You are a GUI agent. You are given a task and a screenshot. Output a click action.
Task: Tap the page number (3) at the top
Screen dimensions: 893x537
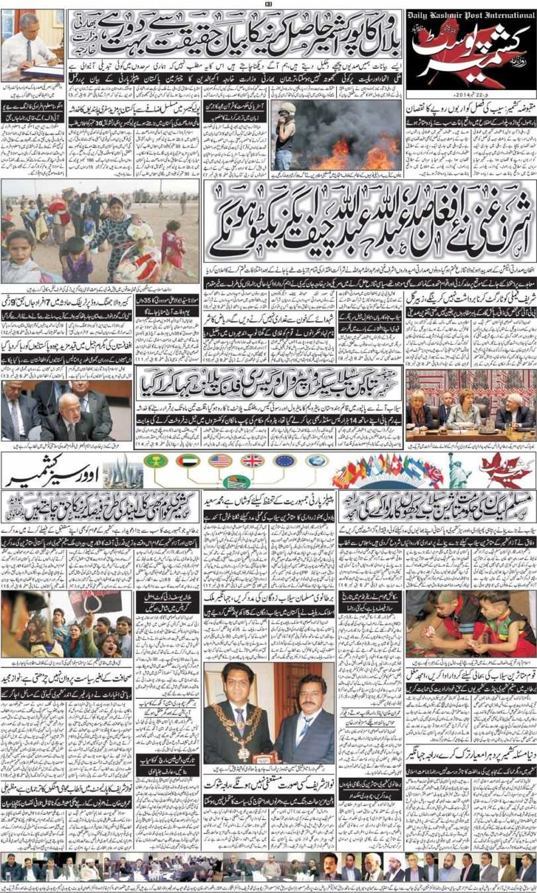[x=268, y=4]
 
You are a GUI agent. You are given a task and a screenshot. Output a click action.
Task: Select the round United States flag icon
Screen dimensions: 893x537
[x=219, y=461]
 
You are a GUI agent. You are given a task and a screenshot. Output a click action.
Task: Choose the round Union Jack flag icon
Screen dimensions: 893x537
[x=252, y=461]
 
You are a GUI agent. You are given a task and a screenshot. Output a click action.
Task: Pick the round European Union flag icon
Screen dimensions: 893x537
[x=284, y=461]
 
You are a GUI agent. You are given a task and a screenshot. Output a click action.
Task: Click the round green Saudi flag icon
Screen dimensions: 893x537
[x=155, y=461]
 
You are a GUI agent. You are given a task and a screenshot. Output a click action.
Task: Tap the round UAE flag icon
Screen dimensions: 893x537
[x=188, y=461]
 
